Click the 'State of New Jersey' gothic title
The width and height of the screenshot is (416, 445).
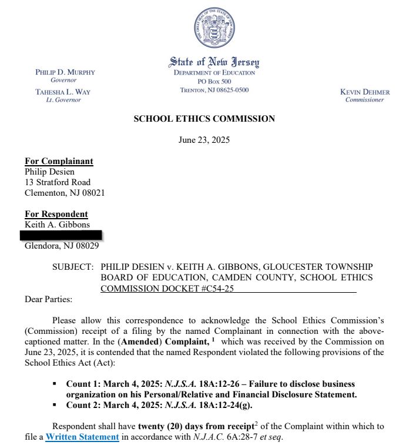tap(214, 62)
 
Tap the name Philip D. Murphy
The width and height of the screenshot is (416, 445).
tap(65, 72)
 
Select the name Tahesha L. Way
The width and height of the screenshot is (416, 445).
tap(63, 92)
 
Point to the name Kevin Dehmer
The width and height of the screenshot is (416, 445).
tap(364, 92)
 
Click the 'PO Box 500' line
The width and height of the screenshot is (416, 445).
tap(214, 81)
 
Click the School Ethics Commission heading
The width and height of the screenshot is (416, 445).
tap(204, 119)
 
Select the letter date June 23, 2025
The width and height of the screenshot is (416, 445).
tap(204, 140)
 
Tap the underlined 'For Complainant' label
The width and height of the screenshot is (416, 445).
tap(59, 161)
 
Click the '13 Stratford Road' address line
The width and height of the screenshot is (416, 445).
tap(58, 182)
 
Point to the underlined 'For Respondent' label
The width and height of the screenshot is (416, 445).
tap(56, 214)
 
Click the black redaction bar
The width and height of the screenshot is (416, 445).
tap(61, 235)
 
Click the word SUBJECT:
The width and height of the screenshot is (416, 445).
tap(73, 267)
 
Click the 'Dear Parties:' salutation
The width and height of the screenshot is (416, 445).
tap(48, 299)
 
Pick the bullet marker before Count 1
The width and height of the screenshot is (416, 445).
tap(55, 383)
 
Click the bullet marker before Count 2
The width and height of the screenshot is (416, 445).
tap(55, 404)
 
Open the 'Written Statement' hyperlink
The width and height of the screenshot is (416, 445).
tap(82, 437)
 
